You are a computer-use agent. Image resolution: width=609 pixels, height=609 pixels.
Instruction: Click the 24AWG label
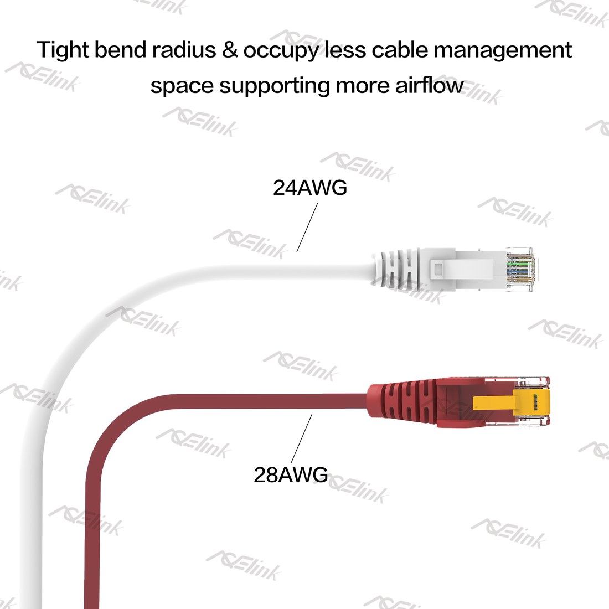click(309, 188)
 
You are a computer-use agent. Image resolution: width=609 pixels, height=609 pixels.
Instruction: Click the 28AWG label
click(291, 474)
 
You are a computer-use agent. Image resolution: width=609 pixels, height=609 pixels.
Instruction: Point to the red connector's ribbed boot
click(402, 401)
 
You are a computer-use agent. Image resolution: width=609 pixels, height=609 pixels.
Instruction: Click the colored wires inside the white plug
click(520, 269)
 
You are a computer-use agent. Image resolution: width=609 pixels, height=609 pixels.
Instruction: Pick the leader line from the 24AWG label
click(307, 228)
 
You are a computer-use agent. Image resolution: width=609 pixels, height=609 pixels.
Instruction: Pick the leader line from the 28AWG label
click(301, 438)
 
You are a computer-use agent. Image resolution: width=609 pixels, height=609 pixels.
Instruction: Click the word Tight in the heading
click(63, 50)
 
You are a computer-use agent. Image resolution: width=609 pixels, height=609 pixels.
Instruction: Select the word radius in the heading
click(184, 50)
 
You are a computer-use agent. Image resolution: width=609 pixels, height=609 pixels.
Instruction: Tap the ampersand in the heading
click(230, 50)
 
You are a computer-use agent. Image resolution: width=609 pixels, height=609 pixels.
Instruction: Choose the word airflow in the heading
click(429, 85)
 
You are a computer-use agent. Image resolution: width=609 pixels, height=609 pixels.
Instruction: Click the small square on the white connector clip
click(438, 269)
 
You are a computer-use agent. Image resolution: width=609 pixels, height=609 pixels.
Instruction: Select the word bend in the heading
click(120, 50)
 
